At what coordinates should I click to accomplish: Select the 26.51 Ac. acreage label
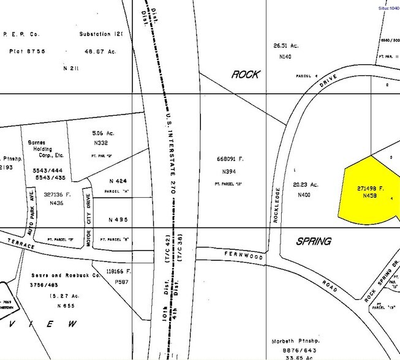[285, 45]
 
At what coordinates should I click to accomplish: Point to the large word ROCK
[245, 75]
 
